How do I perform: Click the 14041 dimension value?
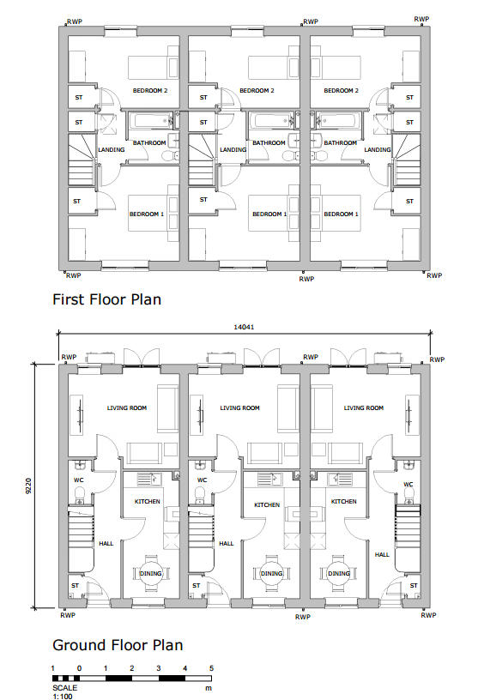(x=244, y=327)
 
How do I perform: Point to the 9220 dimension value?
(x=28, y=486)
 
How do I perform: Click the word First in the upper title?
(x=69, y=299)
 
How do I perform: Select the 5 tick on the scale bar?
(x=211, y=668)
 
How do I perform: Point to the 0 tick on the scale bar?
(x=80, y=668)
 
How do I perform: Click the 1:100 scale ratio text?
(x=63, y=697)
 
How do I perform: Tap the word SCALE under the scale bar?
(x=64, y=688)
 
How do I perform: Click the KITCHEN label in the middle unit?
(x=267, y=505)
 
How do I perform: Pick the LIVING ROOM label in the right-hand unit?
(x=364, y=407)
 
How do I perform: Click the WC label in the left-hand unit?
(x=79, y=480)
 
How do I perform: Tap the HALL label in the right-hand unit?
(x=382, y=554)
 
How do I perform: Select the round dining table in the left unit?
(x=151, y=573)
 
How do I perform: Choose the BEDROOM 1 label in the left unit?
(x=147, y=214)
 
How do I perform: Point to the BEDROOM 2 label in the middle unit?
(x=257, y=91)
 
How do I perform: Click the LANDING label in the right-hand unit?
(x=378, y=150)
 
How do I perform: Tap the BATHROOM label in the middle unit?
(x=269, y=143)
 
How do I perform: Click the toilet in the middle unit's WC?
(x=200, y=494)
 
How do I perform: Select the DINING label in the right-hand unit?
(x=339, y=573)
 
